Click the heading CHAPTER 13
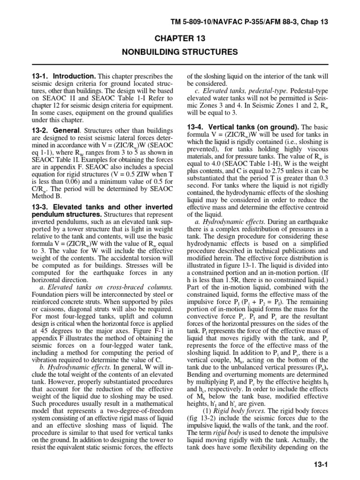(180, 38)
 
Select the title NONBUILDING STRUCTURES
(180, 52)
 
